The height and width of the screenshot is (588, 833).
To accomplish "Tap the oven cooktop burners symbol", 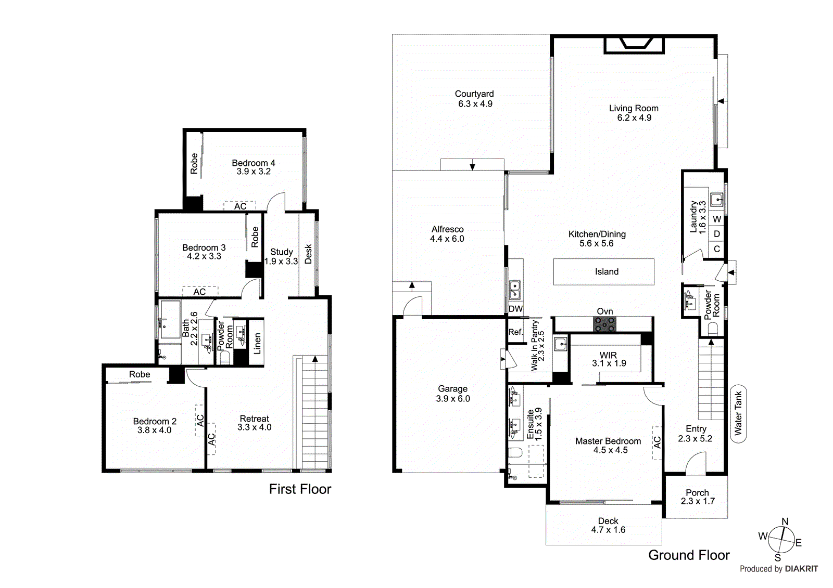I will tap(604, 324).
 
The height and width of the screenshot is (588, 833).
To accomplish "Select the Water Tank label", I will tap(738, 413).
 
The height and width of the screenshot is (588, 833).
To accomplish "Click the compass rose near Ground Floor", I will tap(781, 540).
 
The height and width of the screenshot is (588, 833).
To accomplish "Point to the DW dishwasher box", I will tap(515, 309).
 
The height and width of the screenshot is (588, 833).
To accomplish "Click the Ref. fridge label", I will tap(515, 332).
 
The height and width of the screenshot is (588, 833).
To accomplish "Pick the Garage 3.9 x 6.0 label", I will tap(452, 394).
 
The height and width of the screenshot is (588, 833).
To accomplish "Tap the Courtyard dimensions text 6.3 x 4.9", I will tap(475, 104).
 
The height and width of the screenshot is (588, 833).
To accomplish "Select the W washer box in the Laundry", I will tap(717, 219).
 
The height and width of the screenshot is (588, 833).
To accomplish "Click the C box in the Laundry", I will tap(717, 249).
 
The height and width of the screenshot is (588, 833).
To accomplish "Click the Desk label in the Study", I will tap(308, 254).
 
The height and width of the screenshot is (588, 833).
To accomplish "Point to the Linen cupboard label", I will tap(257, 344).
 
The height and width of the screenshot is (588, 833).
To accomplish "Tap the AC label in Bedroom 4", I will tap(240, 206).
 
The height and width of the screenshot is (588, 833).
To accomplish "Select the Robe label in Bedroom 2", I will tap(140, 374).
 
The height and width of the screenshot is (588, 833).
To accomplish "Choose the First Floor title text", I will tap(300, 489).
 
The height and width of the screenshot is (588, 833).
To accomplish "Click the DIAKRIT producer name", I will tap(801, 569).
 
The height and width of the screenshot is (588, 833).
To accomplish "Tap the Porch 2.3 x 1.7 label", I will tap(697, 497).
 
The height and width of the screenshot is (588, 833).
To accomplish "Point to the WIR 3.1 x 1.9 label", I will tap(608, 359).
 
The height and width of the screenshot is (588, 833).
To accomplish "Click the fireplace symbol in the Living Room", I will tap(634, 45).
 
